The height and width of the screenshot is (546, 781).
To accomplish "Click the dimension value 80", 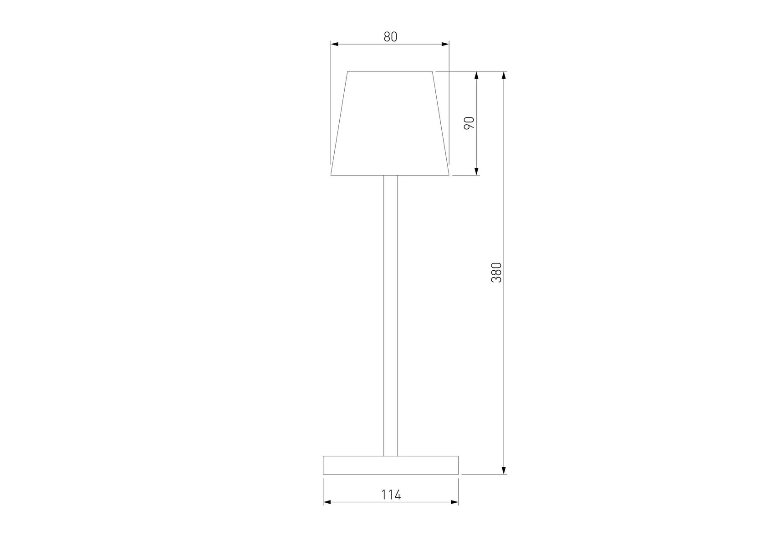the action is (x=390, y=37).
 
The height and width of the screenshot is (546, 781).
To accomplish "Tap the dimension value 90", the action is (x=470, y=123).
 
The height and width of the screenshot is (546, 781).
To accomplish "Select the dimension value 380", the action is (x=496, y=273).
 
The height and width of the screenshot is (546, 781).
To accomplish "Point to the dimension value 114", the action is (x=391, y=495).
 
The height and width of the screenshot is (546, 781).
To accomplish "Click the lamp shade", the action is (x=390, y=123).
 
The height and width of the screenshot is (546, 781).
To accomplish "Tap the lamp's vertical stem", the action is (x=391, y=315).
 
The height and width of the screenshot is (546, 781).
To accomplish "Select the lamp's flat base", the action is (x=391, y=465).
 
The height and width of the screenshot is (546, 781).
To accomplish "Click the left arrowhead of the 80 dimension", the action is (x=335, y=44).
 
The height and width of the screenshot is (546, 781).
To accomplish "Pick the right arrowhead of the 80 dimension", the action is (x=445, y=44).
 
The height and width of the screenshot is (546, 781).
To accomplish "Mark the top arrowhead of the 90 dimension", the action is (x=477, y=75).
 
